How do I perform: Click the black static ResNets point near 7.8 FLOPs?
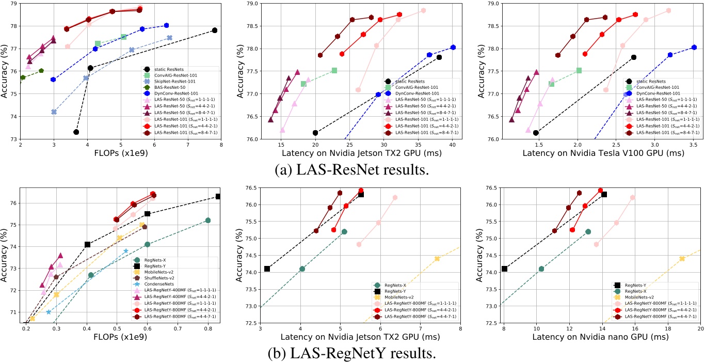[215, 30]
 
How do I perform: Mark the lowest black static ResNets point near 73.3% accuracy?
[76, 132]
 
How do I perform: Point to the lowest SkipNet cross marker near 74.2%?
[54, 112]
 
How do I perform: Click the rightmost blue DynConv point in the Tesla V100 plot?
[694, 48]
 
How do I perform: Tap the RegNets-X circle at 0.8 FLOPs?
[208, 221]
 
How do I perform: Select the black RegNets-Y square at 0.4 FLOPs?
[87, 244]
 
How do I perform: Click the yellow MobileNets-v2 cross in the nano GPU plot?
[682, 259]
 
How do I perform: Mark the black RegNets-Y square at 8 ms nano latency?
[504, 269]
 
